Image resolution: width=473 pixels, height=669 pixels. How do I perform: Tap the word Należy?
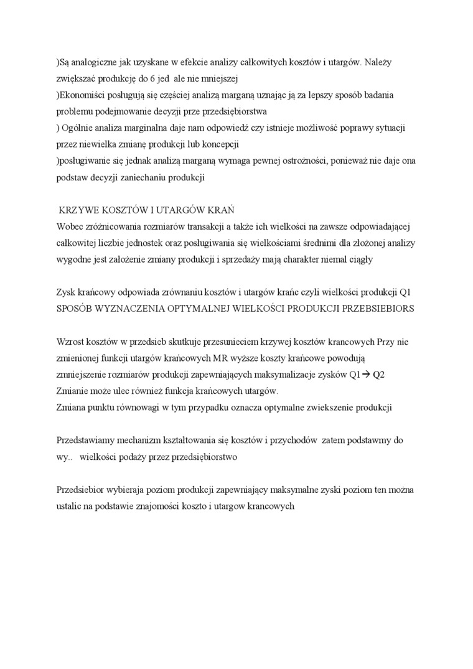point(378,63)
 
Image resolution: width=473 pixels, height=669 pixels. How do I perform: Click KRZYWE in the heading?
point(78,210)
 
